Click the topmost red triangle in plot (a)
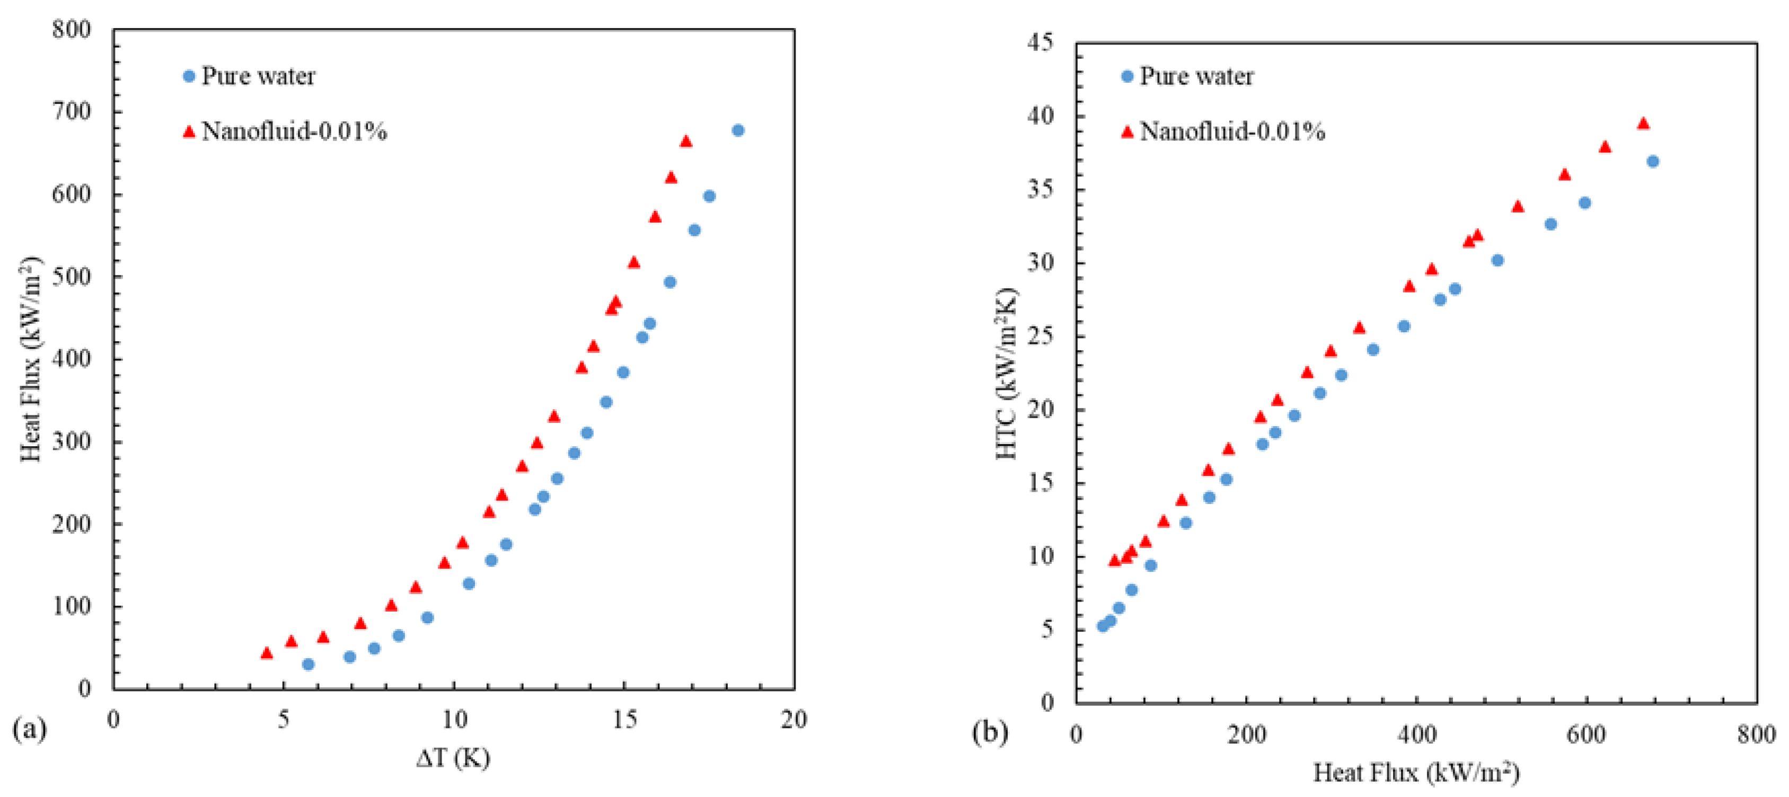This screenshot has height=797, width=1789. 686,141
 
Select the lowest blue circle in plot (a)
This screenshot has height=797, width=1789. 309,665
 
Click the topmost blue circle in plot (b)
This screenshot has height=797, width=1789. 1653,162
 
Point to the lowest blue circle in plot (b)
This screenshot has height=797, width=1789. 1102,626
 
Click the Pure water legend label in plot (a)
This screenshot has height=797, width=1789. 258,76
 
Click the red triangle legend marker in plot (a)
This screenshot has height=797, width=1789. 189,131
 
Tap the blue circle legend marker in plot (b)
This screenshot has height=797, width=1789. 1127,76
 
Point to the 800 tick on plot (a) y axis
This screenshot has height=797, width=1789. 72,30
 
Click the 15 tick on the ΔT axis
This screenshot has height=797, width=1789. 624,720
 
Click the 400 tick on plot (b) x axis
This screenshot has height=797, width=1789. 1416,734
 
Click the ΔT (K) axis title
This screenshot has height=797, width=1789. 453,758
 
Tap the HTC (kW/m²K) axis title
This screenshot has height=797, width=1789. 1007,373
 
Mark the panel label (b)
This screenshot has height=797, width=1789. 990,732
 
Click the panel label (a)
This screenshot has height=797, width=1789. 30,729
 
